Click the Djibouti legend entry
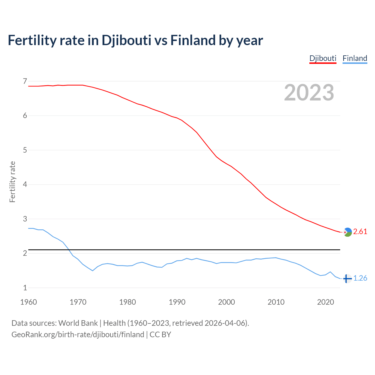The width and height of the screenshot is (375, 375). (x=323, y=58)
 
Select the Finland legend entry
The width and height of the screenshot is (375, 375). (x=355, y=58)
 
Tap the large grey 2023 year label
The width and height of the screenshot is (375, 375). (x=309, y=93)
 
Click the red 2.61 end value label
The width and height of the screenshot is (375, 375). (x=360, y=231)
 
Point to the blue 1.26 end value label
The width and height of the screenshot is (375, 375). (x=360, y=278)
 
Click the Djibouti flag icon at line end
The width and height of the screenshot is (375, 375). (x=347, y=232)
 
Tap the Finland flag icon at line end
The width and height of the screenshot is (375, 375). (x=347, y=279)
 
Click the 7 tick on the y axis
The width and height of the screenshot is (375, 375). (x=25, y=81)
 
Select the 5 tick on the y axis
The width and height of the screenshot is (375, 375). (x=25, y=150)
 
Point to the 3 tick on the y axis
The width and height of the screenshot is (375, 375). (x=25, y=219)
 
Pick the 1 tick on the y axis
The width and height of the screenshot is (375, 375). (x=25, y=288)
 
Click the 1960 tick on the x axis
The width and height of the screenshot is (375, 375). (x=28, y=302)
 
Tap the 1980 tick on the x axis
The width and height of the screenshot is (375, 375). (x=127, y=302)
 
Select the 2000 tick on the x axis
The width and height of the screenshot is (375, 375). (x=226, y=302)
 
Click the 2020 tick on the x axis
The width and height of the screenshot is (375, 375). (x=325, y=302)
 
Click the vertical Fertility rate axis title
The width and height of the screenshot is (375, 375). (x=12, y=182)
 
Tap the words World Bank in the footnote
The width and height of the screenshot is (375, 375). (x=78, y=323)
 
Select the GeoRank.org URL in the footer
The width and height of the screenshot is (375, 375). (x=78, y=335)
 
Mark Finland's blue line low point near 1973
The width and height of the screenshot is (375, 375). (x=93, y=271)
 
